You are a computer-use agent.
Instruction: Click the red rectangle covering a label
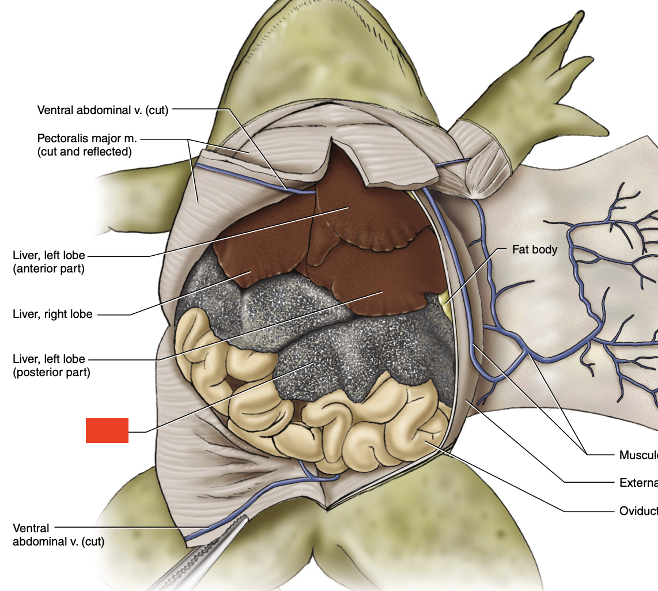107,430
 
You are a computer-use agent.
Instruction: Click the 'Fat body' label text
535,250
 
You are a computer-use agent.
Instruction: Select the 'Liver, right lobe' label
52,315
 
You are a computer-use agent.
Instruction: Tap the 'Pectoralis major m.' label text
87,139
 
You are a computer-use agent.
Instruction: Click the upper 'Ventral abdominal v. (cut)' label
103,110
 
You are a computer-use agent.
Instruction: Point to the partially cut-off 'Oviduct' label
638,511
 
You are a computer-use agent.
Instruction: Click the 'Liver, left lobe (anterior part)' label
49,262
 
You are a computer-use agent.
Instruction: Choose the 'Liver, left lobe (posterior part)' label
51,366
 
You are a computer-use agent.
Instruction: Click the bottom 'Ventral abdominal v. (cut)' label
58,535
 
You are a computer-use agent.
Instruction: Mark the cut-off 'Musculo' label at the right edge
638,455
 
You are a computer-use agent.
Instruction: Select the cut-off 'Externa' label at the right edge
638,483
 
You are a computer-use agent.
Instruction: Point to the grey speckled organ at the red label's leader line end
314,363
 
